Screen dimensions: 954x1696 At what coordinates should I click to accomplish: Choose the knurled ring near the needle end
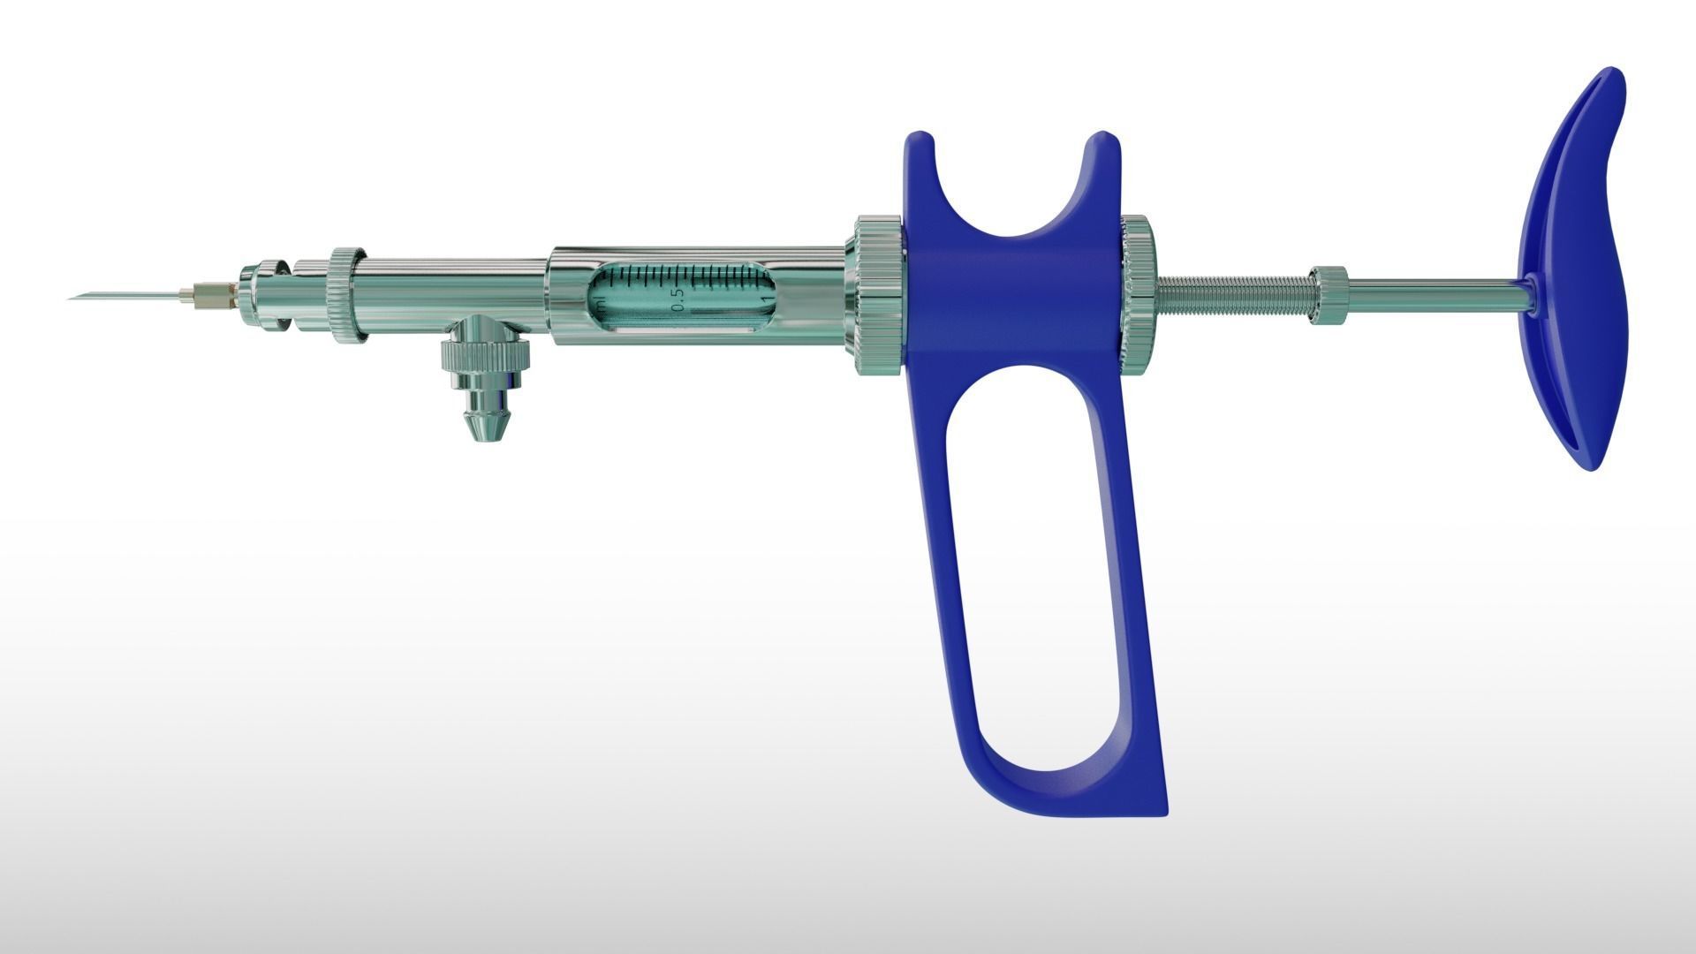[345, 293]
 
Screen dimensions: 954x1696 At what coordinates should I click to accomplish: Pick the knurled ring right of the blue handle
[1138, 294]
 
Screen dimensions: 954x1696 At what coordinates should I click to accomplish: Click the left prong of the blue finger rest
[920, 163]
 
